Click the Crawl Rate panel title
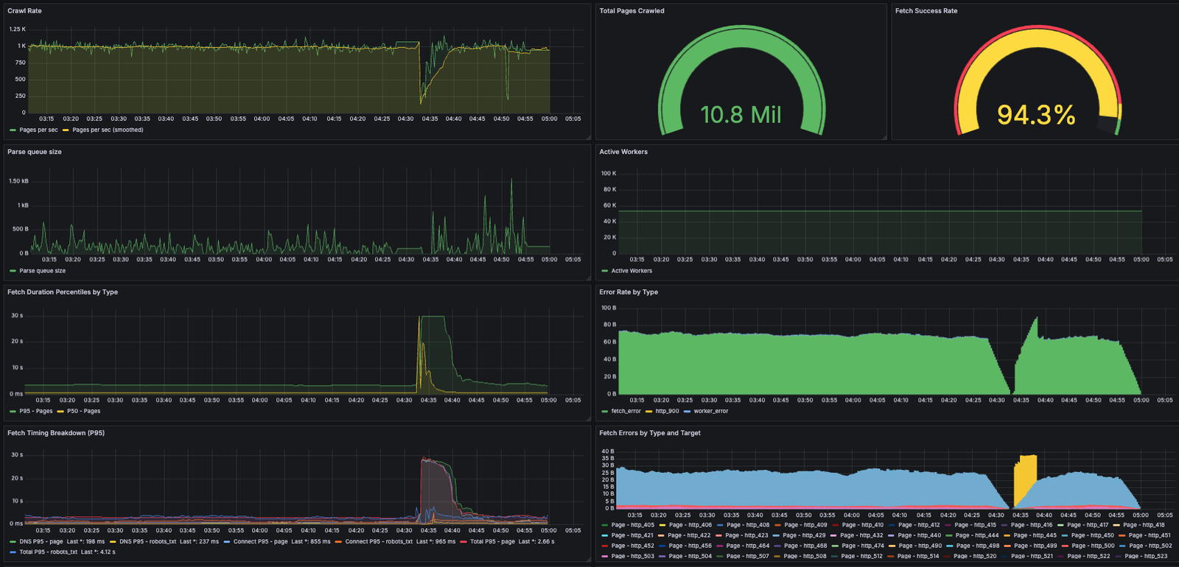click(24, 11)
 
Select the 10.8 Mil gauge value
click(741, 115)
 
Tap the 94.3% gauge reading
click(1035, 115)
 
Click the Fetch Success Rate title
click(926, 11)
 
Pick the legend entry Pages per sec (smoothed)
click(108, 130)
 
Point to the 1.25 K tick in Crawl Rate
click(17, 29)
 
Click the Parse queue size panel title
click(35, 152)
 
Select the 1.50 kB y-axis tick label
click(18, 181)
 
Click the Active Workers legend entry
click(631, 271)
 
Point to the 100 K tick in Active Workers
click(609, 174)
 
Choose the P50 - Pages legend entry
click(83, 412)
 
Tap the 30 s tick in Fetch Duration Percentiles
click(17, 315)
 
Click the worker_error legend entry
click(710, 412)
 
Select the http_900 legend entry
click(667, 412)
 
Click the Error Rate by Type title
click(629, 292)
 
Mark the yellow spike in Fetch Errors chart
click(1025, 479)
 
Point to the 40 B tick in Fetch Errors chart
click(608, 451)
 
